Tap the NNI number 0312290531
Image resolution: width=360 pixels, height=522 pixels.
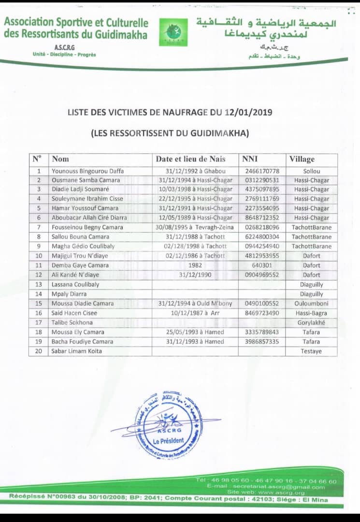(x=262, y=180)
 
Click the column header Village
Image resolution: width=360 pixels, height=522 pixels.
(x=302, y=159)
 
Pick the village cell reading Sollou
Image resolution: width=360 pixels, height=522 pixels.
(x=312, y=171)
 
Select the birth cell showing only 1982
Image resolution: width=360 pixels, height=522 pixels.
(x=195, y=265)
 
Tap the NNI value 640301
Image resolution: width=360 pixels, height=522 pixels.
(x=262, y=265)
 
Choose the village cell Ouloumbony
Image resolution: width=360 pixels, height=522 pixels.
(x=312, y=303)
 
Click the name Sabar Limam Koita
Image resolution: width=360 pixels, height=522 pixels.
(x=77, y=351)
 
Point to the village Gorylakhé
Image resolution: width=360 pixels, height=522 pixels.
(x=312, y=322)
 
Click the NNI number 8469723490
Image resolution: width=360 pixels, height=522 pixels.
(x=262, y=313)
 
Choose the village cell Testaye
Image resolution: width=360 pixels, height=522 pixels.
(x=312, y=351)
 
